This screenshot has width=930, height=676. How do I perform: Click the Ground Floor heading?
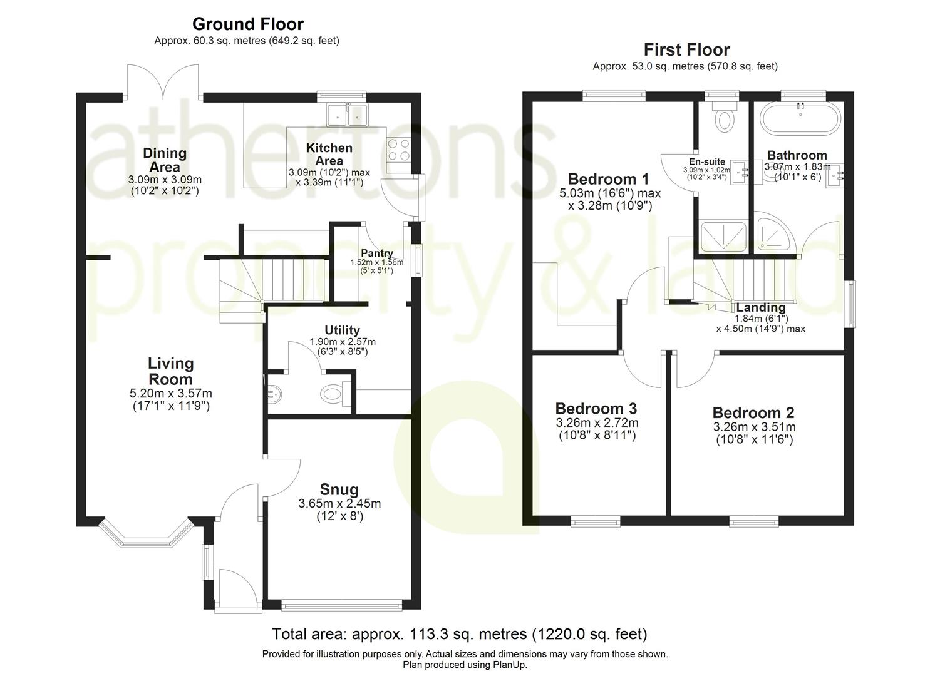(x=247, y=24)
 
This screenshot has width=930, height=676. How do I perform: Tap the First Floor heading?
(x=686, y=50)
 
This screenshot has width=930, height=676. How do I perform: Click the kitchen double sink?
(x=346, y=115)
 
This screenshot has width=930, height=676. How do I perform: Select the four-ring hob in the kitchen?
(x=398, y=150)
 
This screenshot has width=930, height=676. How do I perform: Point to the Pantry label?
(x=376, y=253)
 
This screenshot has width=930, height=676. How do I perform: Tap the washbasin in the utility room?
(x=274, y=394)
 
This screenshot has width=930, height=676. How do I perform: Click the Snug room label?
(x=339, y=489)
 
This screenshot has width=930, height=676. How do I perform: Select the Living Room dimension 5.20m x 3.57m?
(x=170, y=394)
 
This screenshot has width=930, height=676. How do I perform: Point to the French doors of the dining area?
(x=163, y=83)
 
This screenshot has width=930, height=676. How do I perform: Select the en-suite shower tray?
(x=723, y=236)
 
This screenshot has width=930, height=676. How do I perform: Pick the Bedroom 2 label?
(x=753, y=413)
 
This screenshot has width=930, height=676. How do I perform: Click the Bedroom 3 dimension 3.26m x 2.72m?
(x=597, y=423)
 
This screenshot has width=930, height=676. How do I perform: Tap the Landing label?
(x=760, y=307)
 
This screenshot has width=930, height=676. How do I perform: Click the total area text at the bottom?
(x=459, y=634)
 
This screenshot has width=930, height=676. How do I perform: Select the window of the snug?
(x=341, y=605)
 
